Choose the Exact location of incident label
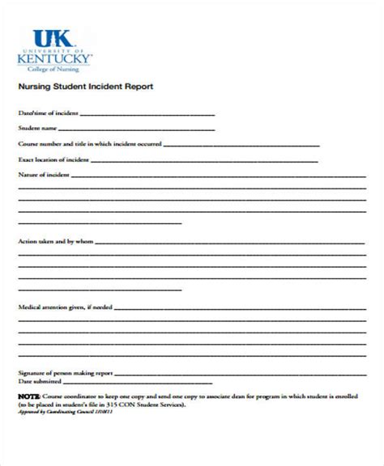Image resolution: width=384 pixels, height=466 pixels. pos(53,159)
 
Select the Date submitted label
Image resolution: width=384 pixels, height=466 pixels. pos(39,381)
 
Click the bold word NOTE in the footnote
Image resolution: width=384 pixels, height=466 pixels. pos(27,397)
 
